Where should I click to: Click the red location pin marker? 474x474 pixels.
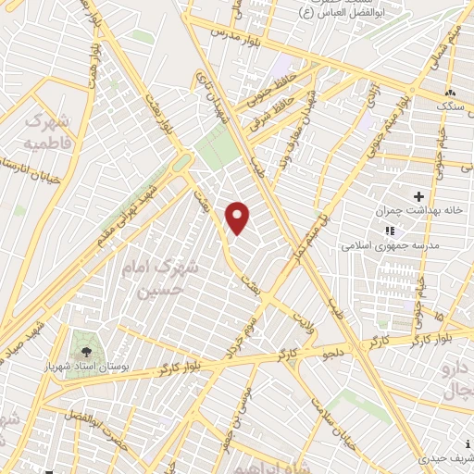[x=238, y=218]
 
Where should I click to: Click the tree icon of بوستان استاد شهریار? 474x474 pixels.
[x=86, y=352]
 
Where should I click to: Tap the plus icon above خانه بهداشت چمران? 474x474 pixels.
[x=418, y=196]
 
